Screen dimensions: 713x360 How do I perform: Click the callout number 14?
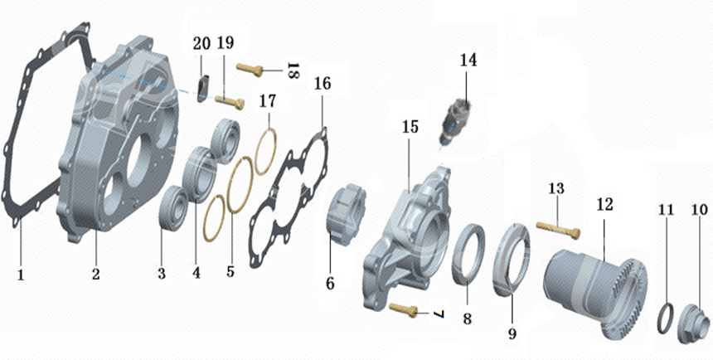click(468, 60)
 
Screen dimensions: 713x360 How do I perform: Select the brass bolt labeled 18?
click(250, 70)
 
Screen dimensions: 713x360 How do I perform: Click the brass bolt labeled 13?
click(559, 229)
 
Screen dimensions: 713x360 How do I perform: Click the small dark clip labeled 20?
click(202, 87)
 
